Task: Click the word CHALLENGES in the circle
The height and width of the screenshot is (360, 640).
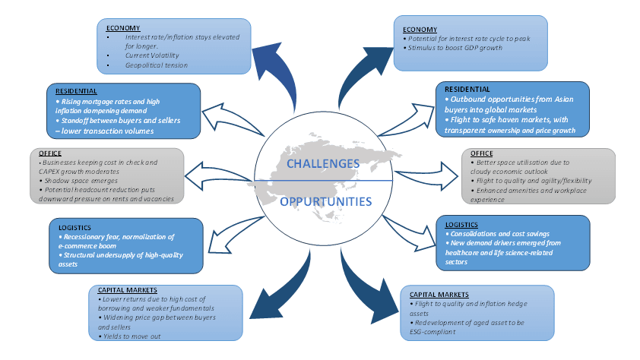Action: pos(322,163)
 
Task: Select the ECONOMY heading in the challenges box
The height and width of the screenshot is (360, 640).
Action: pos(123,28)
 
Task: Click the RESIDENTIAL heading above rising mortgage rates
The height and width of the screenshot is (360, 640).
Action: pos(77,91)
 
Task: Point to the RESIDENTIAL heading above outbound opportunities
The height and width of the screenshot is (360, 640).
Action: pos(467,90)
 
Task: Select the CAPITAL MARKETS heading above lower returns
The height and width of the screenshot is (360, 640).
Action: pos(128,289)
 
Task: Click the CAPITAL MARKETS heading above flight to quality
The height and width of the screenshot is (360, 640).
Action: pos(439,294)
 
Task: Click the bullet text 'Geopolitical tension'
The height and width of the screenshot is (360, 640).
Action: pos(157,65)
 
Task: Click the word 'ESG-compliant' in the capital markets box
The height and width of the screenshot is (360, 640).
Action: pos(429,332)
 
